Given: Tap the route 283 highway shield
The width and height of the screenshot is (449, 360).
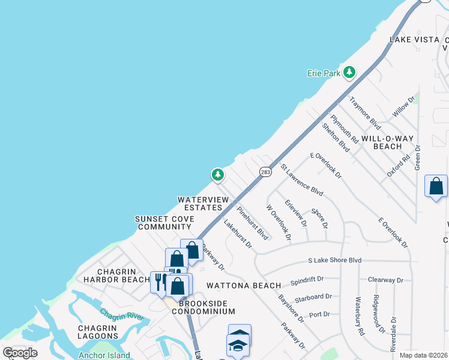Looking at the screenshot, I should (265, 172).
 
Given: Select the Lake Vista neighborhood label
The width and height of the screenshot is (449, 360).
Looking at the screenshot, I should (414, 40).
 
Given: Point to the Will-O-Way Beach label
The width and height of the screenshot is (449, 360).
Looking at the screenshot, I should (387, 142).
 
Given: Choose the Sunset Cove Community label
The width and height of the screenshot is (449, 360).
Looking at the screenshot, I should (163, 223).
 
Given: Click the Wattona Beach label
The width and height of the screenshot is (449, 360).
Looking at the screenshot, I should (243, 286).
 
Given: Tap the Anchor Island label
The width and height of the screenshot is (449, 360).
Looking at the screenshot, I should (104, 355).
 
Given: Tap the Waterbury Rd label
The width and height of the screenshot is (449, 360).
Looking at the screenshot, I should (360, 316).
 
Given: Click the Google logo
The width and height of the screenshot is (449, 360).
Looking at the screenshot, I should (20, 353).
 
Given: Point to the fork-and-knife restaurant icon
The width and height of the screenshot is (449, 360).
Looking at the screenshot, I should (160, 281).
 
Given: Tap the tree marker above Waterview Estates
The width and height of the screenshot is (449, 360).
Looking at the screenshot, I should (217, 175).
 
